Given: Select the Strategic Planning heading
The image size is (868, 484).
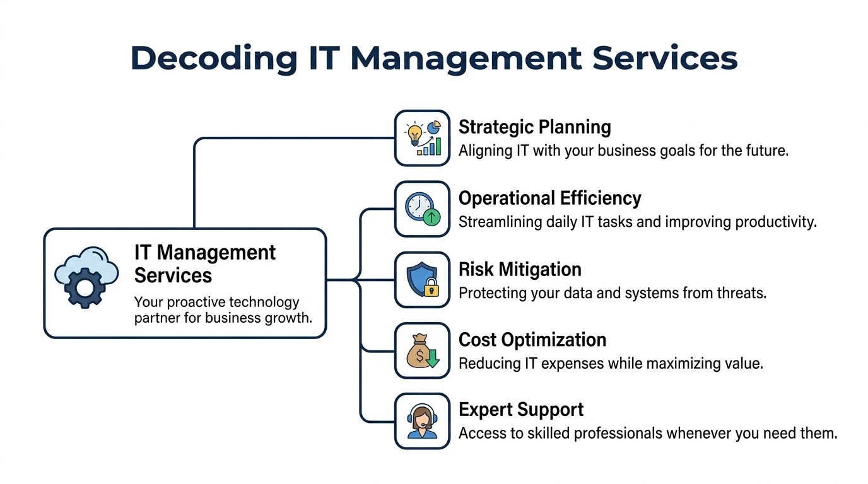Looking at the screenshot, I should coord(534,127).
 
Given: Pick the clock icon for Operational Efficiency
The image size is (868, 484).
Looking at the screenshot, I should coord(419,207).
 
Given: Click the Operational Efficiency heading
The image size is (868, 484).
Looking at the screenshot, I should coord(549,199).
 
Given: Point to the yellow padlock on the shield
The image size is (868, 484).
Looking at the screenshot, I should coord(431,289).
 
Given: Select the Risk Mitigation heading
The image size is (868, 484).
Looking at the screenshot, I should coord(519,270).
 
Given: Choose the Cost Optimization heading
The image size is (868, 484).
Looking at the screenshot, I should coord(532,340).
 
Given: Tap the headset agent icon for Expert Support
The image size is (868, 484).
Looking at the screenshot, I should coord(422,422).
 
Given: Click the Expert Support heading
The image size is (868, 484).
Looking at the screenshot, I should coord(520,410).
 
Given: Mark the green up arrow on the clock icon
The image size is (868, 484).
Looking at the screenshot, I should coord(432,218).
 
